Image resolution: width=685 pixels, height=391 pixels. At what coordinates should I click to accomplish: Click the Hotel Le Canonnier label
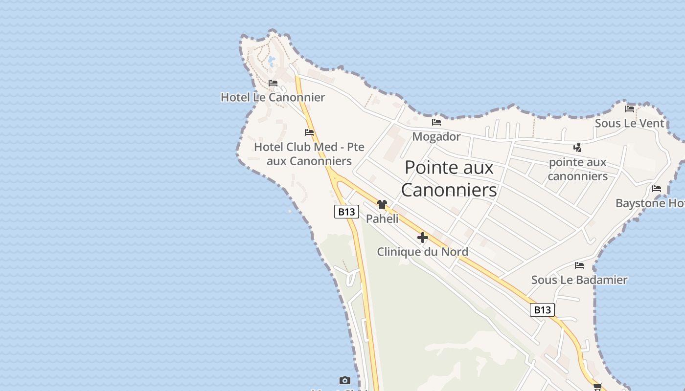pyautogui.click(x=273, y=97)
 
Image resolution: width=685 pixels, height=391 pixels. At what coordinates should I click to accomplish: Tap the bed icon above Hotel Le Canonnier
pyautogui.click(x=273, y=83)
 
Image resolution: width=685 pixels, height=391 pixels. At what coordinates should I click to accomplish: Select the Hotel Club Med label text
pyautogui.click(x=309, y=154)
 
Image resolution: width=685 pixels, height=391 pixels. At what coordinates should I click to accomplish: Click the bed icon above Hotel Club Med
pyautogui.click(x=309, y=132)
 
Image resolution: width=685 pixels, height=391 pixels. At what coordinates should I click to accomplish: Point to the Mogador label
pyautogui.click(x=436, y=136)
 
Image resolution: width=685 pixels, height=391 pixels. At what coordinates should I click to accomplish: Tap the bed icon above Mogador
pyautogui.click(x=436, y=122)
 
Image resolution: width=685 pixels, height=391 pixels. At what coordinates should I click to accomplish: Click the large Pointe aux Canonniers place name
pyautogui.click(x=449, y=178)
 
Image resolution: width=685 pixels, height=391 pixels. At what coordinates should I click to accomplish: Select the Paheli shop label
pyautogui.click(x=382, y=218)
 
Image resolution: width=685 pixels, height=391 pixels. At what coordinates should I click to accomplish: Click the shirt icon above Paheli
pyautogui.click(x=382, y=204)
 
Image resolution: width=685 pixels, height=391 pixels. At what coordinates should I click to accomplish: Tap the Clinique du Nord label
pyautogui.click(x=422, y=252)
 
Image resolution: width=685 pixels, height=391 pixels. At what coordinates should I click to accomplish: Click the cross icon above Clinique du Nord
pyautogui.click(x=423, y=238)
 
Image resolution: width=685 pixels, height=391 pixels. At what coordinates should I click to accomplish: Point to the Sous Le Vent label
pyautogui.click(x=629, y=123)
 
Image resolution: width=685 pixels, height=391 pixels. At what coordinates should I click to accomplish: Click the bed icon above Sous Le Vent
pyautogui.click(x=630, y=109)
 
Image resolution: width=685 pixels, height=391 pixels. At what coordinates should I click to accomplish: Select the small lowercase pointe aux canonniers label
pyautogui.click(x=577, y=169)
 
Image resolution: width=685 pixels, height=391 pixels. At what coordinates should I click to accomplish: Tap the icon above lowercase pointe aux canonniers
pyautogui.click(x=578, y=147)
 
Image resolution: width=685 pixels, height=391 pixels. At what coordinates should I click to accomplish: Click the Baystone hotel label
pyautogui.click(x=650, y=203)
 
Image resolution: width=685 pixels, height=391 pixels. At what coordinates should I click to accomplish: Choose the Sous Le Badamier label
pyautogui.click(x=579, y=280)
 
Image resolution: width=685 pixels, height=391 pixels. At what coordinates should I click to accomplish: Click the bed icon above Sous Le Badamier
pyautogui.click(x=579, y=265)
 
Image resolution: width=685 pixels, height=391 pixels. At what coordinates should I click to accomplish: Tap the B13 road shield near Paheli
pyautogui.click(x=346, y=212)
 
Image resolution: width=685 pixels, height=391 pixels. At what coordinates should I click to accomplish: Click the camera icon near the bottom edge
pyautogui.click(x=345, y=380)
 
